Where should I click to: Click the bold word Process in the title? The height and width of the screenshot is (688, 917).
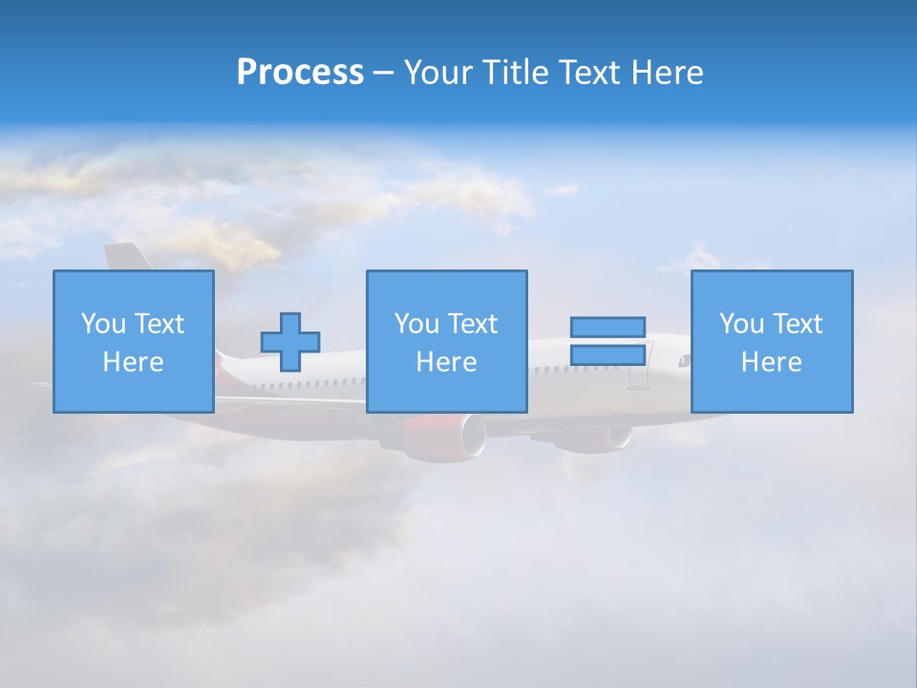(x=300, y=73)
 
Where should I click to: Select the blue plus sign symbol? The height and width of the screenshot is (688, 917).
(x=290, y=342)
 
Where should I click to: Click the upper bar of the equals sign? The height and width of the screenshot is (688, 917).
(x=608, y=327)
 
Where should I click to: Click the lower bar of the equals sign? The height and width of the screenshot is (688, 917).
(x=608, y=355)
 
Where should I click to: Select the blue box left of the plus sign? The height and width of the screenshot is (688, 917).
(x=133, y=341)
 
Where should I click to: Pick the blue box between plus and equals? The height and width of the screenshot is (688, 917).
(x=446, y=341)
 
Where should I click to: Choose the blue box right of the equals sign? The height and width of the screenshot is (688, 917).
(x=771, y=341)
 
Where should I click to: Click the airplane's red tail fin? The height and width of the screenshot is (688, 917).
(x=122, y=257)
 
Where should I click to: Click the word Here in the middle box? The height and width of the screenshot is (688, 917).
(x=446, y=362)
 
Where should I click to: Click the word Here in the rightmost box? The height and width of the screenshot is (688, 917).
(x=771, y=362)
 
